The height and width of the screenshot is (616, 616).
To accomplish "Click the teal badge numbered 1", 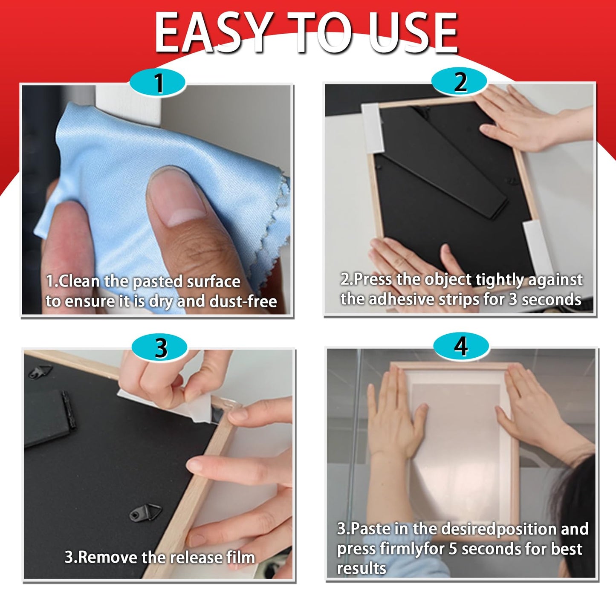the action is pyautogui.click(x=158, y=82).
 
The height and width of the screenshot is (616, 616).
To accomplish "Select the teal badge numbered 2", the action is pyautogui.click(x=460, y=82).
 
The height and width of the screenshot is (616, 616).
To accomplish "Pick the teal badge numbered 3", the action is pyautogui.click(x=159, y=348).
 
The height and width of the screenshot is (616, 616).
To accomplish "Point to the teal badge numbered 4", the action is pyautogui.click(x=461, y=347).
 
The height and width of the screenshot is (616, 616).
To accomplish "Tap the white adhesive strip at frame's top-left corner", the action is pyautogui.click(x=373, y=128).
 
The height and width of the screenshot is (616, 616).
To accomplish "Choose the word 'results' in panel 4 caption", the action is pyautogui.click(x=362, y=568).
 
